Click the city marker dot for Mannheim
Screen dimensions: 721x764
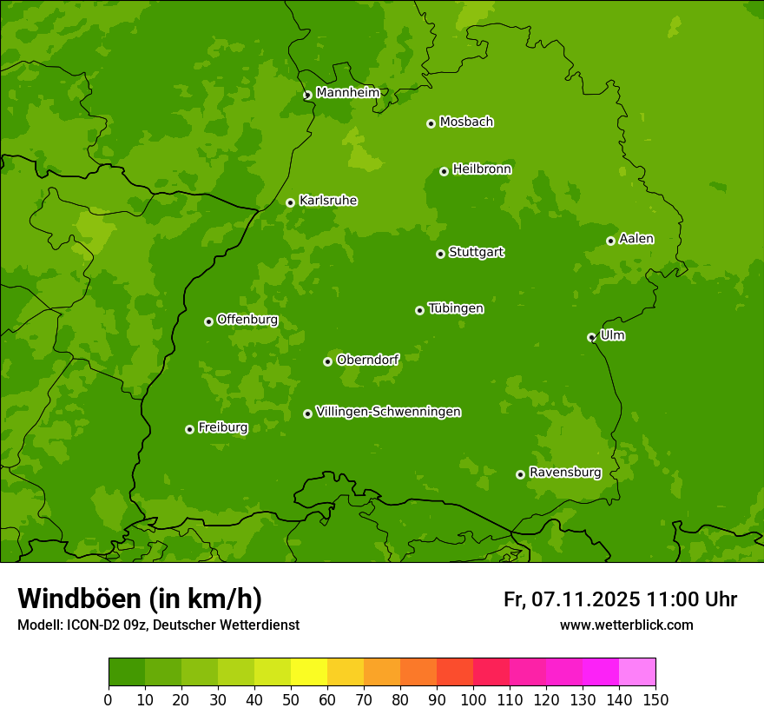307,96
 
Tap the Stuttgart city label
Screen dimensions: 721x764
476,252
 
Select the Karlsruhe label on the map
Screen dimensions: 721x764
327,201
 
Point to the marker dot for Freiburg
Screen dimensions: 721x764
189,429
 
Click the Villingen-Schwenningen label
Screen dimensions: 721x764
388,412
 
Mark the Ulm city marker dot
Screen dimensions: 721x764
591,337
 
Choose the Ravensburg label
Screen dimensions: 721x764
564,473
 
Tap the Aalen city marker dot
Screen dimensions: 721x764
610,241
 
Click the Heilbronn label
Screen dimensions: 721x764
481,169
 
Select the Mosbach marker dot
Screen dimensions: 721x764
431,123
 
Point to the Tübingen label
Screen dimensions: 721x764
455,308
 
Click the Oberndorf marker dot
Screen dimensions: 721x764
327,361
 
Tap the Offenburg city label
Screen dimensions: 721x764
247,320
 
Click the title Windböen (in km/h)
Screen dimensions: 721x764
140,599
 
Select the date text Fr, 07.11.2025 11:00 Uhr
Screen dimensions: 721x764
620,599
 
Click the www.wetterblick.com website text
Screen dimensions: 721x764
626,625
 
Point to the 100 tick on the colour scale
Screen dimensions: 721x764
473,698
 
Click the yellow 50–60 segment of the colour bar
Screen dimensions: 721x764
309,672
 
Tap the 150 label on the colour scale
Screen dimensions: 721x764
655,698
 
